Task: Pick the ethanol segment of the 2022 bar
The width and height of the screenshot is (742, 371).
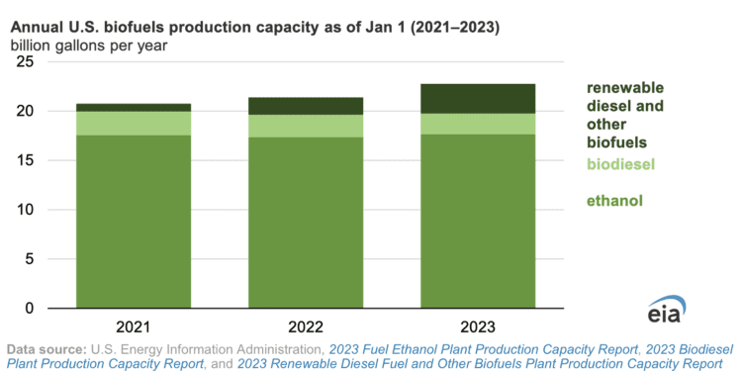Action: tap(306, 223)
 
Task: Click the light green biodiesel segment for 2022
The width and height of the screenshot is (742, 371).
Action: tap(306, 126)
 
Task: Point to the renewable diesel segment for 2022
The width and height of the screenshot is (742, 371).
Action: tap(306, 106)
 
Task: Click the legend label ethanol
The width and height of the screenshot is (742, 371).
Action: tap(613, 201)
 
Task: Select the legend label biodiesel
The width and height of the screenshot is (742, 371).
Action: tap(620, 163)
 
